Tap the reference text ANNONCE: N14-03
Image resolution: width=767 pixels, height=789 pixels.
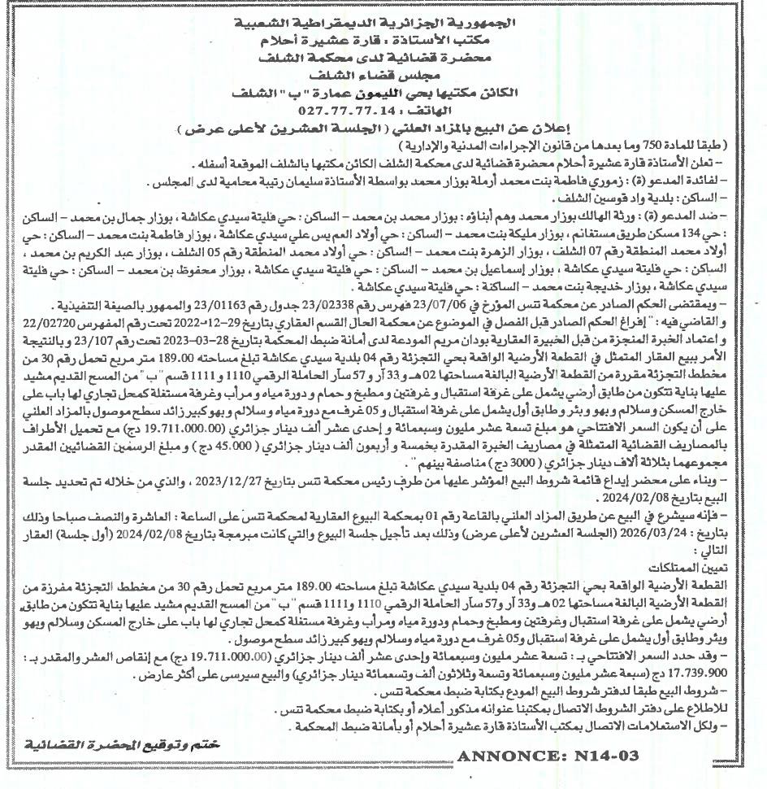pyautogui.click(x=548, y=756)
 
